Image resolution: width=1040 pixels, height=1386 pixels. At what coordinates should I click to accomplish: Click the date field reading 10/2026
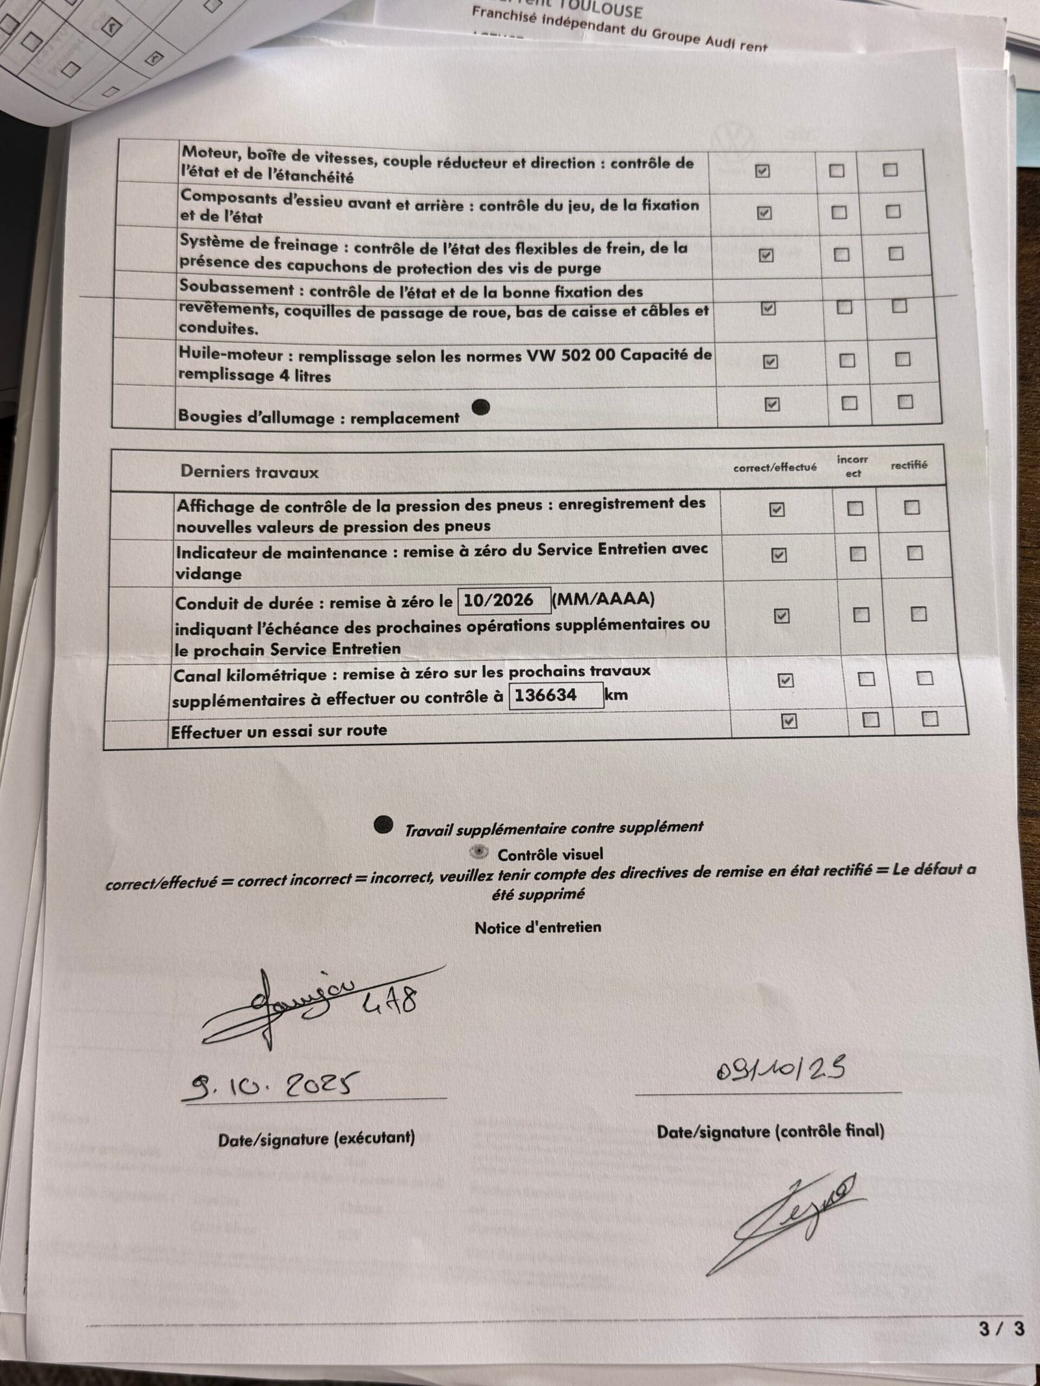[504, 600]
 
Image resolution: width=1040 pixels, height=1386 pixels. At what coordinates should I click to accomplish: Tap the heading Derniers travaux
[250, 472]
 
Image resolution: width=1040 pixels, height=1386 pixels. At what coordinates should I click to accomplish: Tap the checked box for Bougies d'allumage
[772, 404]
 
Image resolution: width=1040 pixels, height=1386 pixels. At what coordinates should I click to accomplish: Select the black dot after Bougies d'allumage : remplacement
[480, 407]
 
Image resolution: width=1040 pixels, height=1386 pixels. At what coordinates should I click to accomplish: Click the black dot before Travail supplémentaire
[383, 825]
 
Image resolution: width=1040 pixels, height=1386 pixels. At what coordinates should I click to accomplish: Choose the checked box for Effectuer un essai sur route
[788, 721]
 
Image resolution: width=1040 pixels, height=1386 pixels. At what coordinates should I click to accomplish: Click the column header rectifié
[909, 465]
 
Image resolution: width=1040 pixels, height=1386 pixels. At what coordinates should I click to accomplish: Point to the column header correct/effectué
[775, 467]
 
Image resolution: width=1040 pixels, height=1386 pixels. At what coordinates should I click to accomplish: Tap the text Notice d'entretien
[538, 927]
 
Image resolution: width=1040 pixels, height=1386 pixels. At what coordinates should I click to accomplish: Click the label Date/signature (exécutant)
[316, 1137]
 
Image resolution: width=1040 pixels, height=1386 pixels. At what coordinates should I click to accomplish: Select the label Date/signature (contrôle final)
[770, 1131]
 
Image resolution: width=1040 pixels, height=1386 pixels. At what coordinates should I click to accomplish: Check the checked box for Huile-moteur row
[770, 361]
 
